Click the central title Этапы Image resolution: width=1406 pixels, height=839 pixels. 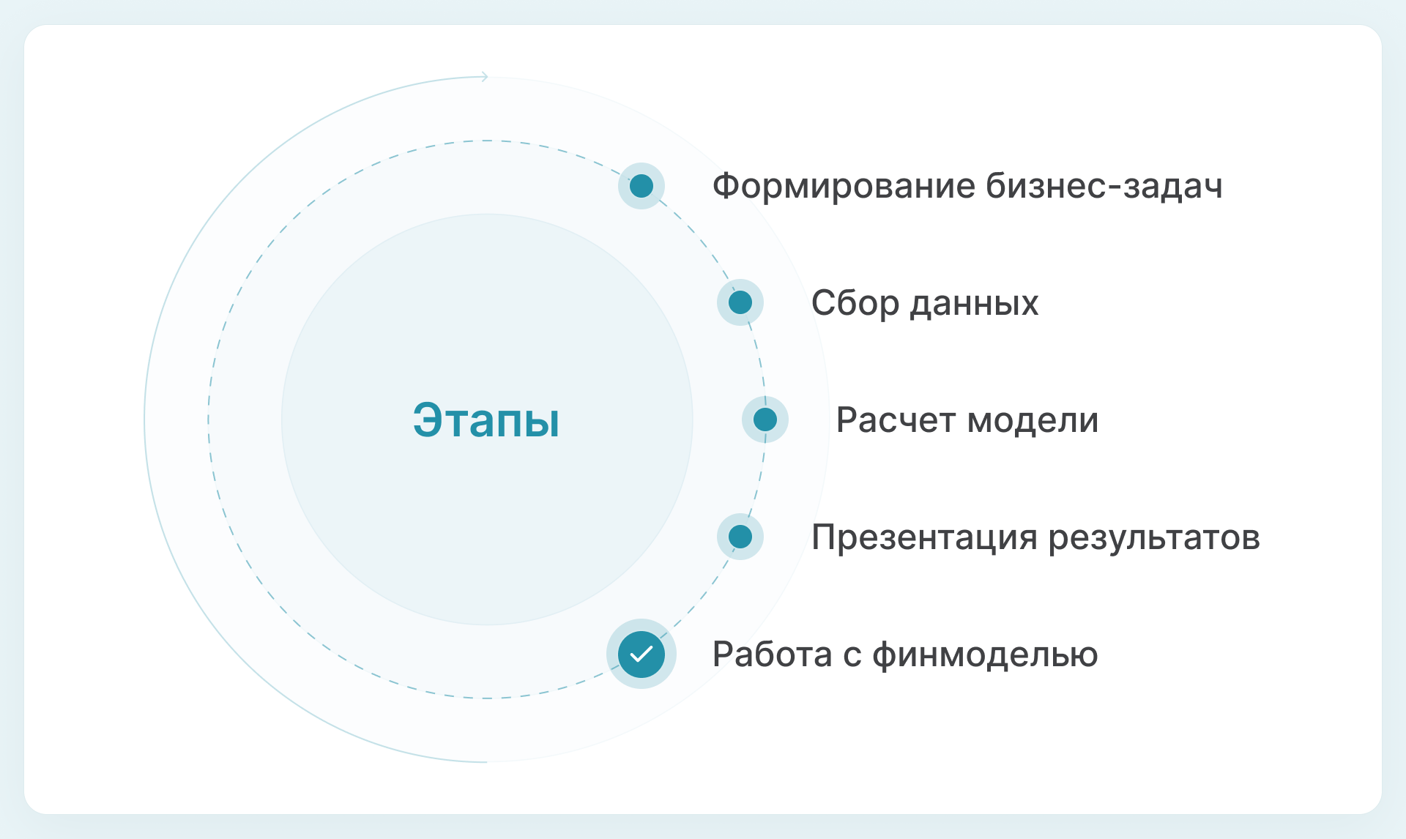[x=486, y=420]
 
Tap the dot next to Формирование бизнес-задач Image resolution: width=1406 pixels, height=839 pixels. [x=641, y=186]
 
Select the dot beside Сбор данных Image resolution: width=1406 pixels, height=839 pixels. [x=740, y=302]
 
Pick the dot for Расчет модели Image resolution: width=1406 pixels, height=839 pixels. [x=765, y=419]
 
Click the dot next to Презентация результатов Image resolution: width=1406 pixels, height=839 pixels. [x=740, y=537]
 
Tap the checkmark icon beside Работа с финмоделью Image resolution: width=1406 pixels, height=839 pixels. [x=641, y=654]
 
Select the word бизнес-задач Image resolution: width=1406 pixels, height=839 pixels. [x=1104, y=186]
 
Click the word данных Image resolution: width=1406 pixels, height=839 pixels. [x=974, y=303]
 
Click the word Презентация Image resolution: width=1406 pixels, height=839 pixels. [x=924, y=537]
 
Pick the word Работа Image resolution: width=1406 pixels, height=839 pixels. [x=772, y=655]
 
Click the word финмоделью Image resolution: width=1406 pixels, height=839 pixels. [x=985, y=655]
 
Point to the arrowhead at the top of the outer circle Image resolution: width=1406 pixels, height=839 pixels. [x=484, y=77]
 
